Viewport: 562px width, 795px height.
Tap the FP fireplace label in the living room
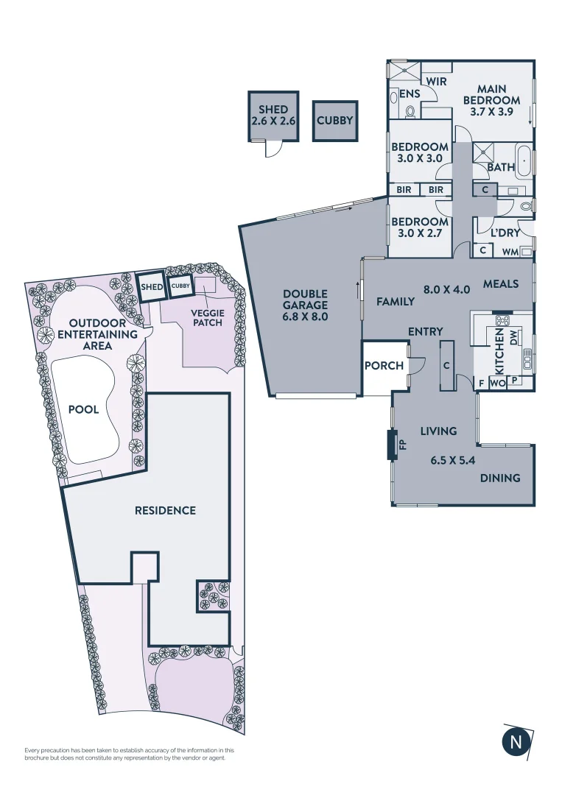[x=403, y=445]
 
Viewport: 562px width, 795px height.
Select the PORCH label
[x=384, y=366]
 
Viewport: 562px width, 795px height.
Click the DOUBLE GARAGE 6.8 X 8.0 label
[x=304, y=305]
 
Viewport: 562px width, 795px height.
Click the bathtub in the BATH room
[x=524, y=161]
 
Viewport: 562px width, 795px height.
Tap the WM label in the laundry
[x=510, y=252]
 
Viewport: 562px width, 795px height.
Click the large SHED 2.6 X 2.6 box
[x=273, y=116]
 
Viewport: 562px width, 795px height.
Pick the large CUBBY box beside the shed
[x=334, y=121]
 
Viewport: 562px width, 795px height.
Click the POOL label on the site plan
[x=83, y=410]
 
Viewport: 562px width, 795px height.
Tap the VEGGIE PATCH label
[x=208, y=317]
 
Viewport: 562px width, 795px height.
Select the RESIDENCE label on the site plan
[x=165, y=510]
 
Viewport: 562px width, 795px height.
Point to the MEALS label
[x=501, y=284]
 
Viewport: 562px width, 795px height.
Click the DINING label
[x=500, y=478]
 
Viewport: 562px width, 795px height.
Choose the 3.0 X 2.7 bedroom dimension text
[x=419, y=233]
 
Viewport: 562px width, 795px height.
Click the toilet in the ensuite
[x=410, y=111]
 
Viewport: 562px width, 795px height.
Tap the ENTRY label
[x=425, y=333]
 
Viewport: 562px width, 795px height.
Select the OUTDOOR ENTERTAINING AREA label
[x=103, y=334]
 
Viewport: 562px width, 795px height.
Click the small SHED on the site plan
[x=152, y=287]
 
